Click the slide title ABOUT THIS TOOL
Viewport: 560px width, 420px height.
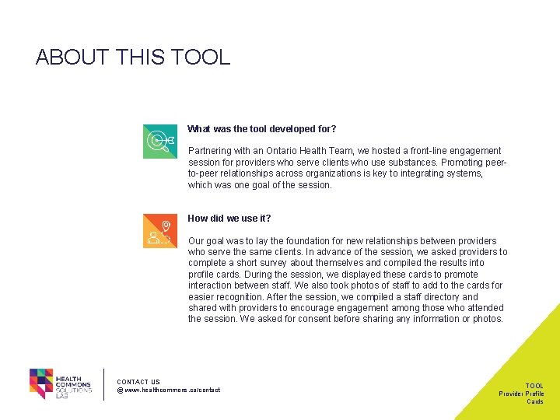pyautogui.click(x=133, y=57)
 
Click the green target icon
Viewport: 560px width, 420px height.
pyautogui.click(x=159, y=141)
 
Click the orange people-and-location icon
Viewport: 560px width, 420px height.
pyautogui.click(x=159, y=231)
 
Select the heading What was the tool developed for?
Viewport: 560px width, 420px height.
pyautogui.click(x=262, y=128)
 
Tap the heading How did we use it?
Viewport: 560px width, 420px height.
pyautogui.click(x=229, y=219)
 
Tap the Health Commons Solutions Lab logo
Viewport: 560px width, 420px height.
pyautogui.click(x=61, y=383)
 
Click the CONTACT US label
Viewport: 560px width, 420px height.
pyautogui.click(x=138, y=382)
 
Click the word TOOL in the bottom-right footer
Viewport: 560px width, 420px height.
pyautogui.click(x=534, y=386)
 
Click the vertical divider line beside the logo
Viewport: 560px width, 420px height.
pyautogui.click(x=103, y=383)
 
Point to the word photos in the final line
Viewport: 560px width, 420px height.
pyautogui.click(x=489, y=319)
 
